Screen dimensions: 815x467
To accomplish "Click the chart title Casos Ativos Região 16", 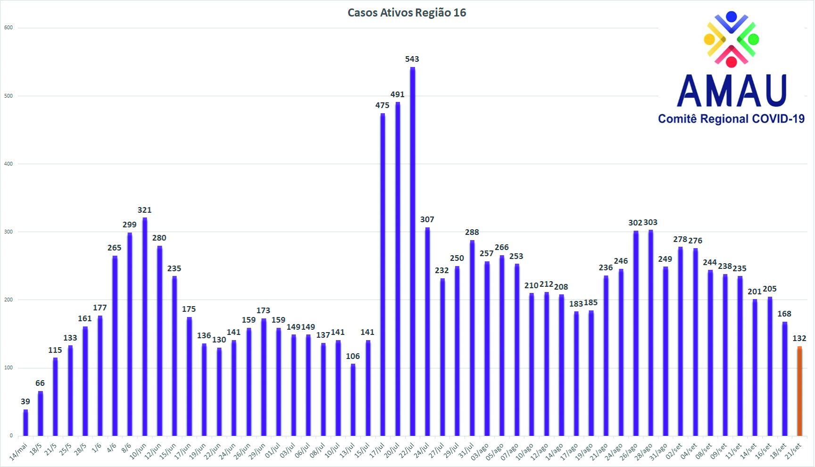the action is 407,13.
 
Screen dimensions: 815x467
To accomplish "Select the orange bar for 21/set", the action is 799,391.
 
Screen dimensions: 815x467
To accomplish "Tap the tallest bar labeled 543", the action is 413,251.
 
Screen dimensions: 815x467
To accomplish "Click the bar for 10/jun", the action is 145,326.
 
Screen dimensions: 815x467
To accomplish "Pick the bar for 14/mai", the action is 25,423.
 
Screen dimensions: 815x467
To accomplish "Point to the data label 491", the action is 398,94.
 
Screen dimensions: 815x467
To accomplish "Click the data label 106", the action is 353,356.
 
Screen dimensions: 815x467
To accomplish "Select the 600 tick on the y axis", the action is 8,27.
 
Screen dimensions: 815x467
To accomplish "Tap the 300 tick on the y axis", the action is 8,232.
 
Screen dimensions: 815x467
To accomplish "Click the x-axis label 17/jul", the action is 376,450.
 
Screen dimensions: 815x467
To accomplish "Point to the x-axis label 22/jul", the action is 407,450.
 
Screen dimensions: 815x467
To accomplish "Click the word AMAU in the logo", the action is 732,91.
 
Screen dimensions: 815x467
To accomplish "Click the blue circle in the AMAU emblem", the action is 732,17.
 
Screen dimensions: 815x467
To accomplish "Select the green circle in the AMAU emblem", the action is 754,39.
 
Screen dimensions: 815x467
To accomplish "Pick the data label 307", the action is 427,219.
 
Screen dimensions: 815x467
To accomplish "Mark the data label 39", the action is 25,401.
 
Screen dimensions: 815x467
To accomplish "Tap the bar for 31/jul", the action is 472,338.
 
